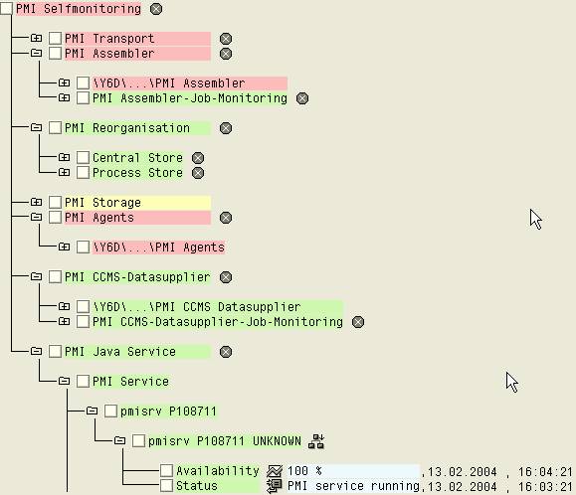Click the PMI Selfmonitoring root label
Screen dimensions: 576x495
tap(79, 8)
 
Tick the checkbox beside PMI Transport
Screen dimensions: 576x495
tap(55, 38)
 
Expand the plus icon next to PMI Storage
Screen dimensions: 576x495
tap(36, 202)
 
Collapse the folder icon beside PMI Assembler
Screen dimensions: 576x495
tap(36, 54)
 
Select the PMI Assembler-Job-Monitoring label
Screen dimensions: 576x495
tap(190, 98)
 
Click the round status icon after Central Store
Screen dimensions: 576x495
tap(198, 158)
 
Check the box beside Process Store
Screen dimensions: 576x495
tap(83, 173)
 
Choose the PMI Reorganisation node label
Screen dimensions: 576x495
tap(127, 128)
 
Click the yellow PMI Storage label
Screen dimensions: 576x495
tap(102, 203)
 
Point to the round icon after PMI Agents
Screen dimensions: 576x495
tap(226, 218)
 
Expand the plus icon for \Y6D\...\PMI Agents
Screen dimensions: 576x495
tap(64, 247)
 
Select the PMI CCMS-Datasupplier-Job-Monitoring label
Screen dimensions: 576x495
tap(218, 322)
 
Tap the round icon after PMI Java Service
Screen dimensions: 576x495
tap(226, 352)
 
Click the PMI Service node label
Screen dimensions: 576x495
tap(130, 382)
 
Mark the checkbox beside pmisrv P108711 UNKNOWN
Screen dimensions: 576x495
tap(138, 440)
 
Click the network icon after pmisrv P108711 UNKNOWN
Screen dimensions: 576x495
tap(316, 441)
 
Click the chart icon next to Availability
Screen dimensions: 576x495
tap(275, 471)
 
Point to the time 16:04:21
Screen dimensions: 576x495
tap(545, 471)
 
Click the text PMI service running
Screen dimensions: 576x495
tap(353, 486)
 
